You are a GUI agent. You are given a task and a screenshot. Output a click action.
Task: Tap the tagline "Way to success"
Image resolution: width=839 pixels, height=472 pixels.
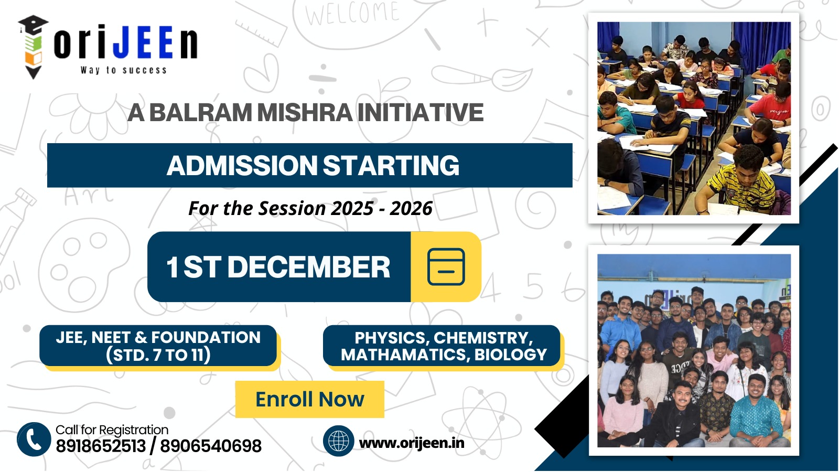point(124,70)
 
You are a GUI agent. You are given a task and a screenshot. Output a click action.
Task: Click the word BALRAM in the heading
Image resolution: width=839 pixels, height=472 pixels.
point(201,112)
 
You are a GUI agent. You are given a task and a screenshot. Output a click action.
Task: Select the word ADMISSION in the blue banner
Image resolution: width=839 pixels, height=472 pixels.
point(242,165)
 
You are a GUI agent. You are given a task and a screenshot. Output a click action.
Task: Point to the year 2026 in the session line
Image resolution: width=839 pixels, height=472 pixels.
point(411,208)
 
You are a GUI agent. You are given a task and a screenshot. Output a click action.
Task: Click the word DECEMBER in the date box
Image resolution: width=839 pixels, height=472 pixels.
point(309,267)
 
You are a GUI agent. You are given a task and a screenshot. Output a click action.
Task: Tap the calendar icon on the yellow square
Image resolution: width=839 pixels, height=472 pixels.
point(446,267)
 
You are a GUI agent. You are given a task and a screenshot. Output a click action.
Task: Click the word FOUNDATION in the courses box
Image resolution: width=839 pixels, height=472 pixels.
point(206,338)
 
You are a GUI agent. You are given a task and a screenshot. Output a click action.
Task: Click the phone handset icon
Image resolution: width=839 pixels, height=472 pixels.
point(34,439)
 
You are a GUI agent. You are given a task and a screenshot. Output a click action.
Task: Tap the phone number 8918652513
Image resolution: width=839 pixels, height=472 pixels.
point(101,446)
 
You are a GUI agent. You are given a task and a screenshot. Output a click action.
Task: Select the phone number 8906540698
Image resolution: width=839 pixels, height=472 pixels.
point(211,446)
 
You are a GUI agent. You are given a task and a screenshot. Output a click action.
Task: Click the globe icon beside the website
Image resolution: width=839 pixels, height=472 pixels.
point(339,441)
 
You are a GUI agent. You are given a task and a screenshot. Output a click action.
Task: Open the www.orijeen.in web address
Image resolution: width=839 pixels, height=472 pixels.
point(412,443)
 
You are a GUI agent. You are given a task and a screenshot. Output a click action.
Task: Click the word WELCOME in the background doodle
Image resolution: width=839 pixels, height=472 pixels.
point(352,13)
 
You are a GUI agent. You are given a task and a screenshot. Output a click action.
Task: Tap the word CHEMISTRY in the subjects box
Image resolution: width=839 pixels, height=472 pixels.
point(483,338)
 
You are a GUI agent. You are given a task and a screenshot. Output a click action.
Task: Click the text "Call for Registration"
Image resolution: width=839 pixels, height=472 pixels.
point(112,430)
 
